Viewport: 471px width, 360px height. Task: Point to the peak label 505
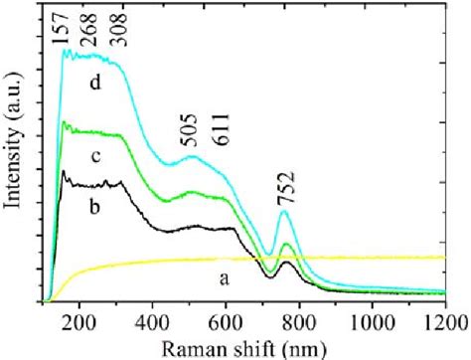pyautogui.click(x=195, y=139)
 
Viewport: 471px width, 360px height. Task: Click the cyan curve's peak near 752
pyautogui.click(x=286, y=217)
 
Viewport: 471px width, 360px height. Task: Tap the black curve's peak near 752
pyautogui.click(x=286, y=263)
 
